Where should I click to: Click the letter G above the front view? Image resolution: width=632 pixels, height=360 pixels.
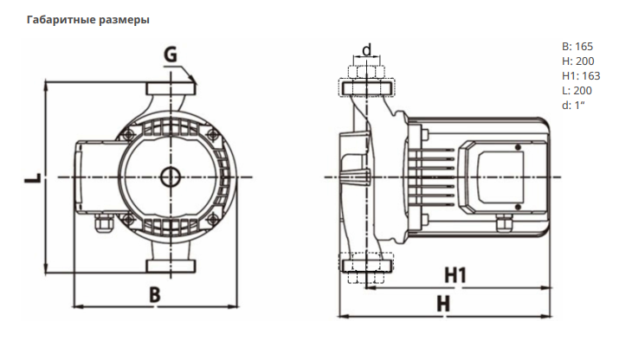click(171, 56)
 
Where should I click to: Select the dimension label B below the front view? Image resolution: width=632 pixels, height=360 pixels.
click(154, 294)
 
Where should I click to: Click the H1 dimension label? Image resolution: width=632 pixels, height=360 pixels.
click(455, 276)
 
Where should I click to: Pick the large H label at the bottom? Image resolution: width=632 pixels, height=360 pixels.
click(443, 304)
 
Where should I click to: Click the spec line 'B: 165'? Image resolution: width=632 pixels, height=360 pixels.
click(577, 47)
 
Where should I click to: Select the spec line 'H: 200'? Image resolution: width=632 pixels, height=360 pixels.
click(577, 61)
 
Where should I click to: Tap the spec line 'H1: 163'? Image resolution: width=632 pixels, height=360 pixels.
click(581, 76)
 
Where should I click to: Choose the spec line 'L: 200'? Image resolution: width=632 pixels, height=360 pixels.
click(577, 91)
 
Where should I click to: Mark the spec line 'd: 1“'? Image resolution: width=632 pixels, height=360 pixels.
click(573, 106)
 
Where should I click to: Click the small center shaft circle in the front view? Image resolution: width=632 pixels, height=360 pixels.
click(170, 177)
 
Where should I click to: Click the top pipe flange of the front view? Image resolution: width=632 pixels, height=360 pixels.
click(170, 89)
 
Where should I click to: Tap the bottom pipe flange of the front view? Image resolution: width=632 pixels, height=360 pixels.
click(170, 265)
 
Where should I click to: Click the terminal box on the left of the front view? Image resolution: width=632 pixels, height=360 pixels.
click(93, 177)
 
